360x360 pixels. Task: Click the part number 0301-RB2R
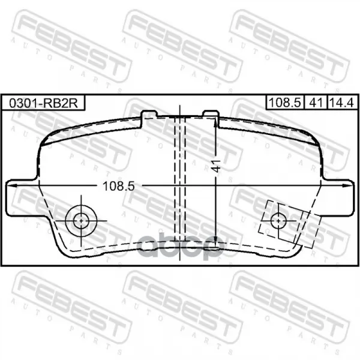click(43, 103)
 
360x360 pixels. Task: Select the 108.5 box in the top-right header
click(284, 103)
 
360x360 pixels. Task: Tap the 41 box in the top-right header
click(316, 103)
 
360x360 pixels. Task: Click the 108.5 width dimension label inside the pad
click(118, 186)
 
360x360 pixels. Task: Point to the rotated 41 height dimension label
click(216, 166)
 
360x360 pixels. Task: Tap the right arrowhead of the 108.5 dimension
click(346, 185)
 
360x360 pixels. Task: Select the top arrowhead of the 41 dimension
click(215, 122)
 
